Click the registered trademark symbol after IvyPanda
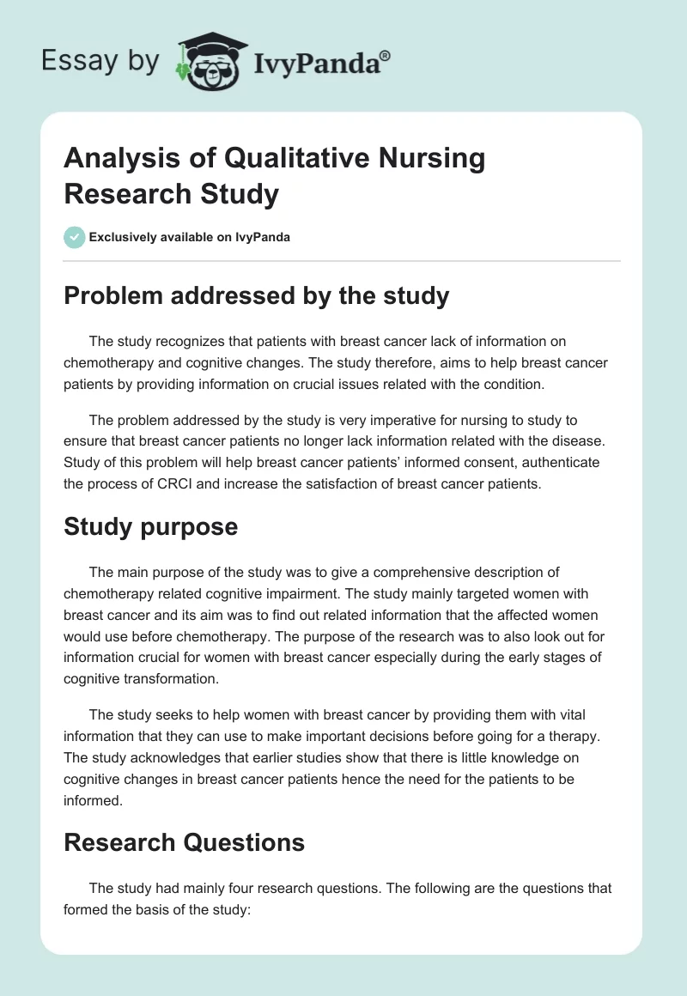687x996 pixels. pos(386,55)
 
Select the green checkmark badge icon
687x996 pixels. pos(75,237)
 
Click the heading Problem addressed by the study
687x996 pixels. pos(257,296)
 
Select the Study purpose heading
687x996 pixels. pos(150,526)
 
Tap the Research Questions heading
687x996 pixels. pos(184,842)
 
